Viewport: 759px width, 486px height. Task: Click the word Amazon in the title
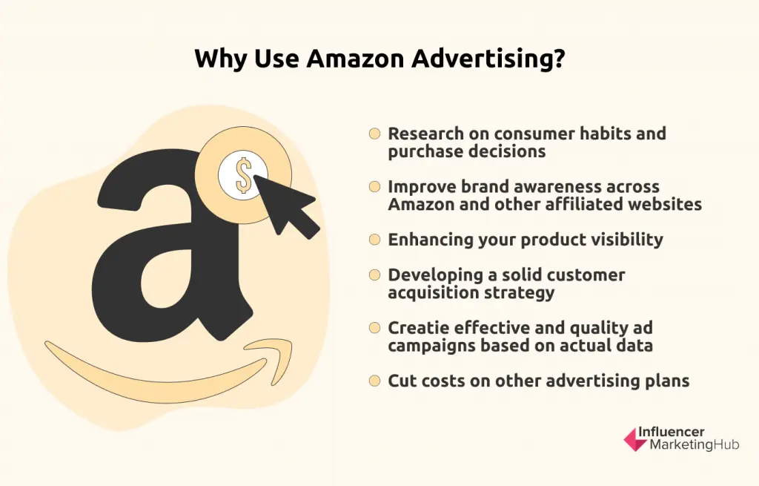click(x=355, y=58)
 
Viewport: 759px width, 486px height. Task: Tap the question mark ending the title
click(x=559, y=58)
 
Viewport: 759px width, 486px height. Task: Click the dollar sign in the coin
click(x=243, y=175)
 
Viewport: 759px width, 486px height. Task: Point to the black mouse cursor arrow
click(x=285, y=206)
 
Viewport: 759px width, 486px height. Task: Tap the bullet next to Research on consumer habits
click(x=374, y=134)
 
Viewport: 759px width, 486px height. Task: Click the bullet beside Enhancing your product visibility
click(x=374, y=240)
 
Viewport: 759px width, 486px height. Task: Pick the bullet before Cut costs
click(x=374, y=381)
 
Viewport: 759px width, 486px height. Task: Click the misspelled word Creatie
click(x=420, y=328)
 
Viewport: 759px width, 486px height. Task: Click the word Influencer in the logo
click(x=672, y=432)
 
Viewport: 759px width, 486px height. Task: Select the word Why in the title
click(x=221, y=59)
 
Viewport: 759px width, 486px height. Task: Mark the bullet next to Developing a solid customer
click(x=374, y=275)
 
